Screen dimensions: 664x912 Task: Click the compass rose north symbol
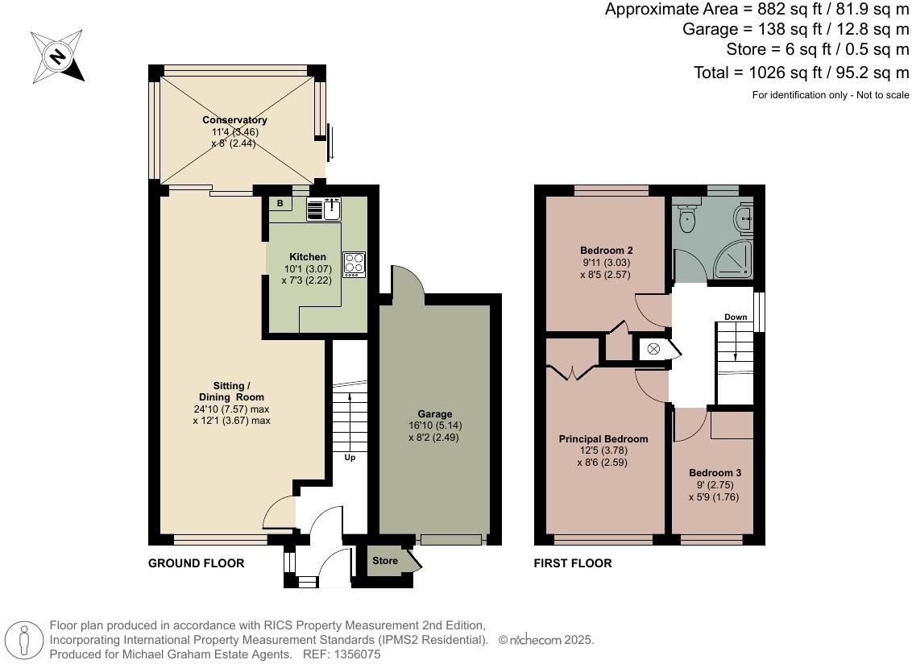57,56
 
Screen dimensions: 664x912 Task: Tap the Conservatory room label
234,120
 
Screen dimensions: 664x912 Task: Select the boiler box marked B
280,204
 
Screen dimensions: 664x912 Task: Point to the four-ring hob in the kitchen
354,264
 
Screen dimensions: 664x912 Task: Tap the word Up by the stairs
350,457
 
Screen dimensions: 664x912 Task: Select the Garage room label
434,414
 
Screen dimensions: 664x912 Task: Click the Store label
385,561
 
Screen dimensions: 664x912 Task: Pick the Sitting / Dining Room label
231,392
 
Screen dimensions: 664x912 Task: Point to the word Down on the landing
735,317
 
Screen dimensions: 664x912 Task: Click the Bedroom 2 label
606,250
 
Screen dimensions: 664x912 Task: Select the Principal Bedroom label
603,439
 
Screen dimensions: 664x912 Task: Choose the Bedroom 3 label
715,473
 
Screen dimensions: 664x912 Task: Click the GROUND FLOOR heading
196,563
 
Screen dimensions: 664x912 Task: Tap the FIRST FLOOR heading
573,563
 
